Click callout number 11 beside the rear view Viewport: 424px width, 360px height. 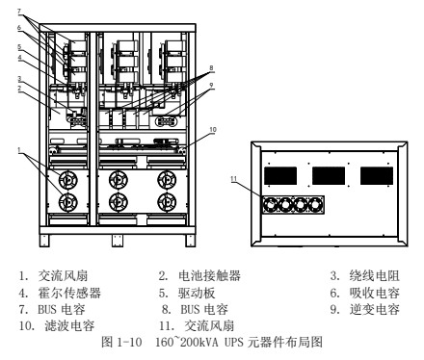coord(233,179)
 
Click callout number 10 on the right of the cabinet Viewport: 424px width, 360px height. coord(213,129)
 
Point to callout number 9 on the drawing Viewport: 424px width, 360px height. coord(211,85)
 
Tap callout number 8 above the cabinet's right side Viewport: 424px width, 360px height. coord(211,68)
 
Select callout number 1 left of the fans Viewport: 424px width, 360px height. coord(19,150)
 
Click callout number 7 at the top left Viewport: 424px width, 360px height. coord(19,12)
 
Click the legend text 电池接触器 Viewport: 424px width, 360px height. coord(209,276)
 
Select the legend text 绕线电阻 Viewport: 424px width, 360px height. coord(375,276)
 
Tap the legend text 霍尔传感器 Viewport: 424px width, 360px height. coord(69,293)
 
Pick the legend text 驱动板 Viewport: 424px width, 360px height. coord(197,293)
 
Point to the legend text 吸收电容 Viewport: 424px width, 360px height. coord(375,293)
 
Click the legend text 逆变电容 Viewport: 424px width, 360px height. coord(375,309)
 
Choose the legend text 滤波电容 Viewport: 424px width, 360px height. coord(69,326)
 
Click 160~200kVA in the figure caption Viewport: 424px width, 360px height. coord(187,343)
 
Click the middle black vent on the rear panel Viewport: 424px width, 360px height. coord(329,175)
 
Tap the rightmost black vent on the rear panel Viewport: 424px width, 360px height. coord(377,175)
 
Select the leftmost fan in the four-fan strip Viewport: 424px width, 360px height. coord(270,204)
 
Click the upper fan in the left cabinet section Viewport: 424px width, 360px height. coord(68,180)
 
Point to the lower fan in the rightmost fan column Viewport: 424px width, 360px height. coord(167,202)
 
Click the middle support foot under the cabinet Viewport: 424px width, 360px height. coord(118,241)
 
